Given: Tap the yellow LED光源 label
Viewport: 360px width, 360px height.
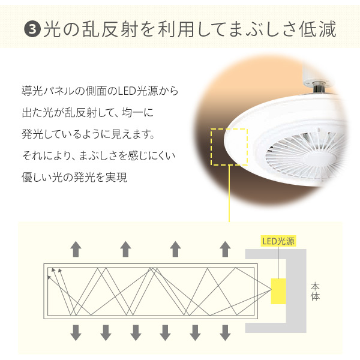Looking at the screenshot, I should click(278, 241).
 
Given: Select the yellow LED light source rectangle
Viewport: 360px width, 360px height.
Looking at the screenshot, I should click(279, 291).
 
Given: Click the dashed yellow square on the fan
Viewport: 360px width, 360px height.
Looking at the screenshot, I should click(229, 146).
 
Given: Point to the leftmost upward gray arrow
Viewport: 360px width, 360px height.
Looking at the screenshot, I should click(76, 248).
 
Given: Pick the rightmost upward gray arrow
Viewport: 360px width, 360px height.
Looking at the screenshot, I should click(225, 248).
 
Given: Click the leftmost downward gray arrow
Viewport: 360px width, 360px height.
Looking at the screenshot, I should click(76, 331).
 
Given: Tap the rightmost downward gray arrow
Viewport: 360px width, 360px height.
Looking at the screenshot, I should click(225, 331).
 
